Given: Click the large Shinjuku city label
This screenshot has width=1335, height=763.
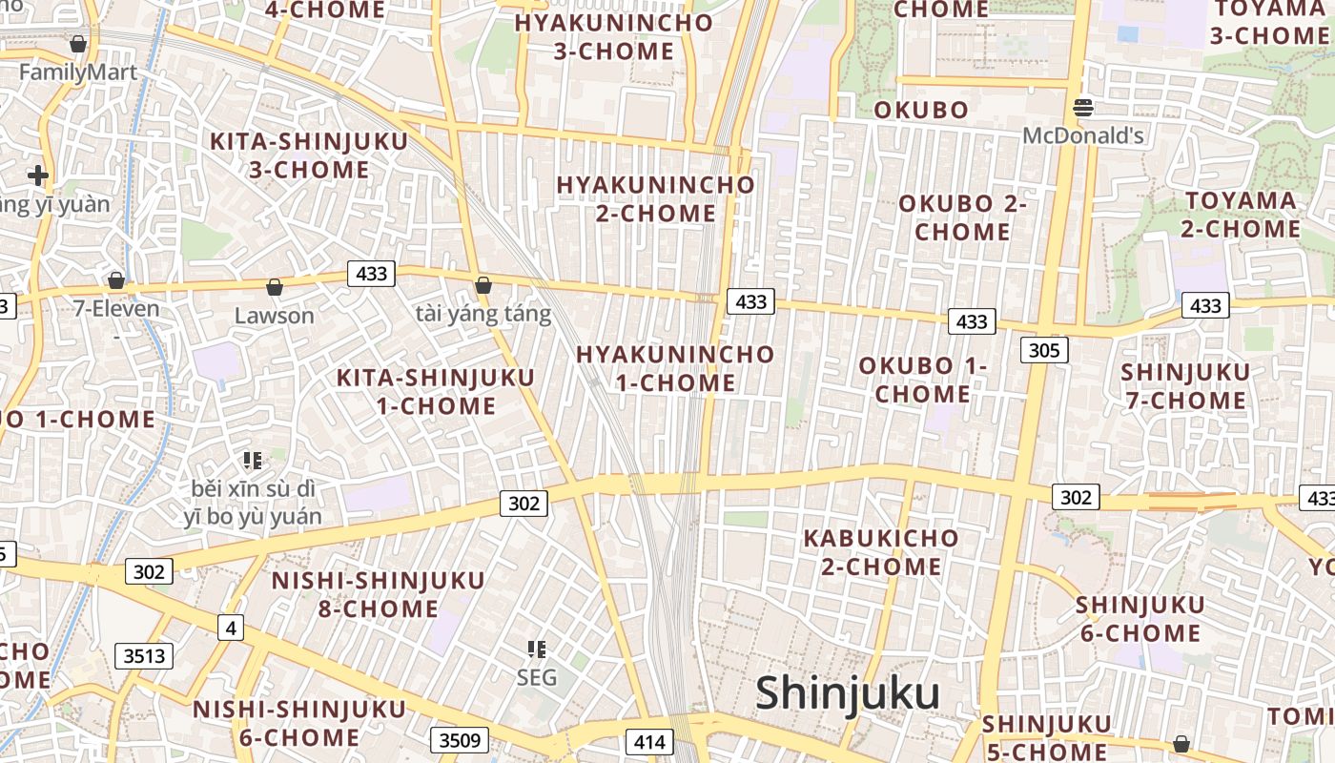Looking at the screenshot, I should [847, 693].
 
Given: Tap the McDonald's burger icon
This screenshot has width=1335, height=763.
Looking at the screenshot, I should [1082, 108].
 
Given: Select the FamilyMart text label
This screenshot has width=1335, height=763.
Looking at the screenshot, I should [78, 72].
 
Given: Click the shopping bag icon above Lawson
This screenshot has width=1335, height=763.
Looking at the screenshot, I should [275, 286].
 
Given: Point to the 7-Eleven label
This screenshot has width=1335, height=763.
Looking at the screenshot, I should [116, 309].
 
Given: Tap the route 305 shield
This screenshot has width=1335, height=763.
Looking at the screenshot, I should [1044, 350].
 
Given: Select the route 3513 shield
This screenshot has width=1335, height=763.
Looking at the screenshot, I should [145, 655].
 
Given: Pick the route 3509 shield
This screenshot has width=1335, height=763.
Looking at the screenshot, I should [460, 739].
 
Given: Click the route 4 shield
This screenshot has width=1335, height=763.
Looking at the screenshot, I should [230, 628].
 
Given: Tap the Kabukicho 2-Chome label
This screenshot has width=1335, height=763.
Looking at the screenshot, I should [881, 552].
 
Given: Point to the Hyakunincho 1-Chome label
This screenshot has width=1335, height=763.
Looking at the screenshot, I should [675, 368].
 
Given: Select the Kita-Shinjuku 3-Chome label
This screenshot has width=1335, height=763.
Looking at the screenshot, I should [309, 155].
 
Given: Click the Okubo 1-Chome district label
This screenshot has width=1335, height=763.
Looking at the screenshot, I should [923, 380].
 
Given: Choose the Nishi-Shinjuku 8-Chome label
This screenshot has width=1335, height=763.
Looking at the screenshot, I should [379, 594].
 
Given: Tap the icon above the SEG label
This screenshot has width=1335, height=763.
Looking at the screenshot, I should [537, 650].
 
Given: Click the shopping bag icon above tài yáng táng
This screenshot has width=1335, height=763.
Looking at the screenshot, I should [483, 285].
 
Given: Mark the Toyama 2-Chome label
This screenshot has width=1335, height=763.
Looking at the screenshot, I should [1241, 215].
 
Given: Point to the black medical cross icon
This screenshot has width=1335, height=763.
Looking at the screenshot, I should [38, 175].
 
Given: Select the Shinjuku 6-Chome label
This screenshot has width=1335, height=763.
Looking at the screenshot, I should [1140, 619].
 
